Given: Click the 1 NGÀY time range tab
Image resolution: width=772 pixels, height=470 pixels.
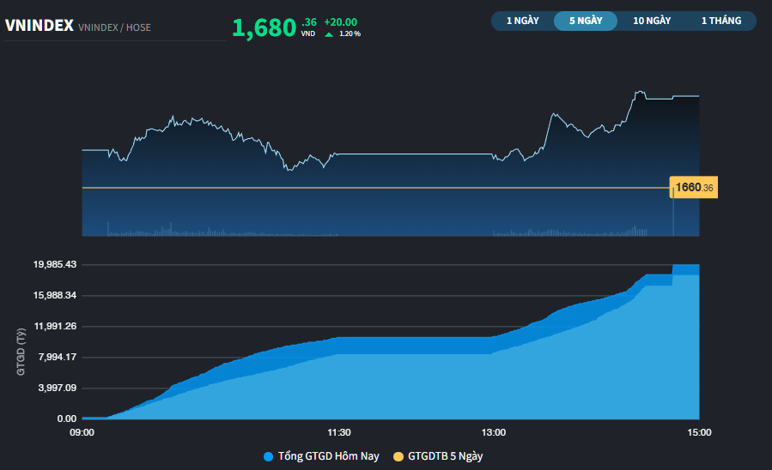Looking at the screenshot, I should pyautogui.click(x=522, y=21).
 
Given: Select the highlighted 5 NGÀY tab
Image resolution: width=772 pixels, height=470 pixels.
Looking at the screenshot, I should pyautogui.click(x=586, y=21).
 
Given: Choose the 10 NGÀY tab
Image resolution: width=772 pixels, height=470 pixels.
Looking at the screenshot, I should pyautogui.click(x=652, y=21).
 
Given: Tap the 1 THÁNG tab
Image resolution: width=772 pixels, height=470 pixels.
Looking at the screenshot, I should pyautogui.click(x=720, y=21).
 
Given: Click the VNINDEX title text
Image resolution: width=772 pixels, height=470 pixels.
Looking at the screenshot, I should pyautogui.click(x=39, y=26).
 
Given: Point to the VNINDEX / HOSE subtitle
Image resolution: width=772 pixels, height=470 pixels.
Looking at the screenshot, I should pyautogui.click(x=114, y=27).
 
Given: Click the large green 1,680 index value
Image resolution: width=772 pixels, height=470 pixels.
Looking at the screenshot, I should pyautogui.click(x=264, y=28).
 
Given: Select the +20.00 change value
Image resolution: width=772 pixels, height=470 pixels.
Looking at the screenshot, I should pyautogui.click(x=340, y=21).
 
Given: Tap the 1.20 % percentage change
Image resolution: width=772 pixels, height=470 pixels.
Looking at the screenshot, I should pyautogui.click(x=350, y=33).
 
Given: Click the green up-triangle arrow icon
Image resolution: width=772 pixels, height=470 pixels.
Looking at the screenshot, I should pyautogui.click(x=329, y=33).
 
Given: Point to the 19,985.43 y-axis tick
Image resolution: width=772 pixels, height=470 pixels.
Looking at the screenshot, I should pyautogui.click(x=55, y=264).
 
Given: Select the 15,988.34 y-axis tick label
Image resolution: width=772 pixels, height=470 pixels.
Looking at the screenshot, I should pyautogui.click(x=55, y=295).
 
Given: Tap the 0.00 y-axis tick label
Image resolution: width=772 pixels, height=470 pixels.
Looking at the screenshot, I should pyautogui.click(x=66, y=419).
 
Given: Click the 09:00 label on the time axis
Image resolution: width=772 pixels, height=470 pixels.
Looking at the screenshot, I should pyautogui.click(x=82, y=432).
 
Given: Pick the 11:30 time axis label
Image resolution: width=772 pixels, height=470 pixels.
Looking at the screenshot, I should pyautogui.click(x=339, y=432).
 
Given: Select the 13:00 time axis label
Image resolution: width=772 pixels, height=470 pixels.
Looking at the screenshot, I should pyautogui.click(x=494, y=432).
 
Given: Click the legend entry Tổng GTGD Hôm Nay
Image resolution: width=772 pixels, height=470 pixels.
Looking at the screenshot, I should pyautogui.click(x=321, y=456).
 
